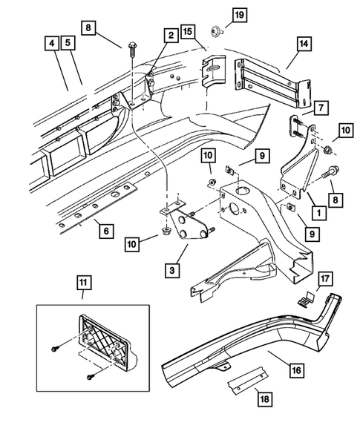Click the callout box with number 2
(170, 35)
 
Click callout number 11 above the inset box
(82, 281)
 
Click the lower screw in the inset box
(88, 376)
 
